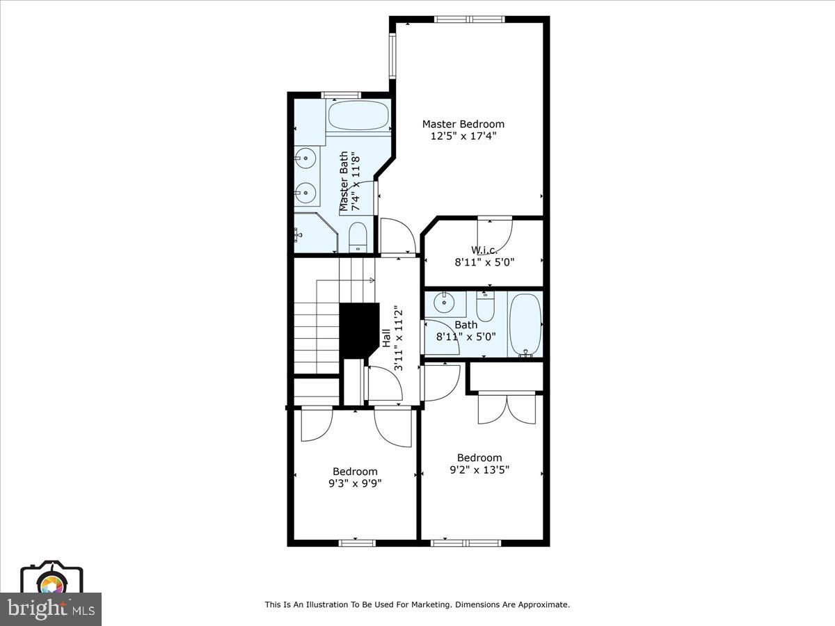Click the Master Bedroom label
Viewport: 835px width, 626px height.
coord(463,124)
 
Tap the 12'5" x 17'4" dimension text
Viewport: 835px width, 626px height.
coord(463,136)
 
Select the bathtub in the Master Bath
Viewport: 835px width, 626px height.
coord(358,115)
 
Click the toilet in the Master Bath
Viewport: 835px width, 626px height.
coord(357,237)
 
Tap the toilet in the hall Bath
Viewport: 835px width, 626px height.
coord(485,305)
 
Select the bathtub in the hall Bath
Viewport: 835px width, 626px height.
coord(525,323)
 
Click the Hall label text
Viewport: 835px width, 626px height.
coord(386,338)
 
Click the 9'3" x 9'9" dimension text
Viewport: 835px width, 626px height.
coord(355,483)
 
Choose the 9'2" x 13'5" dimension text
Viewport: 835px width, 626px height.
coord(479,469)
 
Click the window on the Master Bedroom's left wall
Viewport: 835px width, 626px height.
coord(392,56)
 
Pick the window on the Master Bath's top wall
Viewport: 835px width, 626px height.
coord(340,95)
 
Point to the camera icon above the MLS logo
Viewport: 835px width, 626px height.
coord(51,577)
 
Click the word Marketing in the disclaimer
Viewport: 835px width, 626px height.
coord(430,605)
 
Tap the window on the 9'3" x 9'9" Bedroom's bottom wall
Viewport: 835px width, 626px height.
coord(356,543)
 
